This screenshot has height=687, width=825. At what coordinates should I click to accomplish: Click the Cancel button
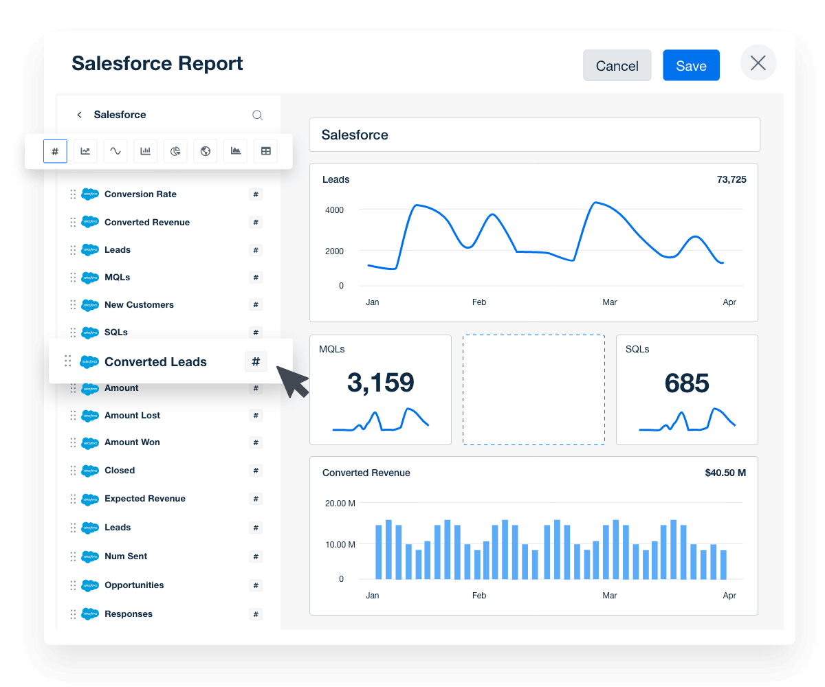[617, 66]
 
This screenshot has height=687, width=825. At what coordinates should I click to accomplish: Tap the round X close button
[758, 63]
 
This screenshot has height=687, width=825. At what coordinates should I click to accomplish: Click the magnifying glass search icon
[257, 115]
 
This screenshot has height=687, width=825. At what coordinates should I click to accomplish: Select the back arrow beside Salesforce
[79, 115]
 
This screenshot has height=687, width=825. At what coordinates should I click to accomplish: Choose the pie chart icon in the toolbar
[175, 151]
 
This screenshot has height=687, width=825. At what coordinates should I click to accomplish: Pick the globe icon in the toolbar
[206, 151]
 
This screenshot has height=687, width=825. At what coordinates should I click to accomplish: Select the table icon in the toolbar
[265, 151]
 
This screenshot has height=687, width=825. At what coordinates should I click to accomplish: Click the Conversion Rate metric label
[140, 194]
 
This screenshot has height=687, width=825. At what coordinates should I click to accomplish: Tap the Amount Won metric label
[132, 442]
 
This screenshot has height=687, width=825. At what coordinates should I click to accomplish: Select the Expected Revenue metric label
[144, 499]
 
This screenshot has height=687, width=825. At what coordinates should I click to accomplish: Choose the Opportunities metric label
[134, 585]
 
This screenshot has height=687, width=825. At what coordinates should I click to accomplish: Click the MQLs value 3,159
[380, 383]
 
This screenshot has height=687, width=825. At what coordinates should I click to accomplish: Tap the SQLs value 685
[687, 383]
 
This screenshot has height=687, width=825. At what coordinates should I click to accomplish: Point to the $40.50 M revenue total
[725, 473]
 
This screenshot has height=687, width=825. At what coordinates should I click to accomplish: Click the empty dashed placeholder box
[533, 390]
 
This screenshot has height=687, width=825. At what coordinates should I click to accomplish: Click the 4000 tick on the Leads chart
[334, 210]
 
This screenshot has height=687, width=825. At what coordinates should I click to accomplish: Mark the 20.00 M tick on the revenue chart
[340, 504]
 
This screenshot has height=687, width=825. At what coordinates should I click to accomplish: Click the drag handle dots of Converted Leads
[68, 361]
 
